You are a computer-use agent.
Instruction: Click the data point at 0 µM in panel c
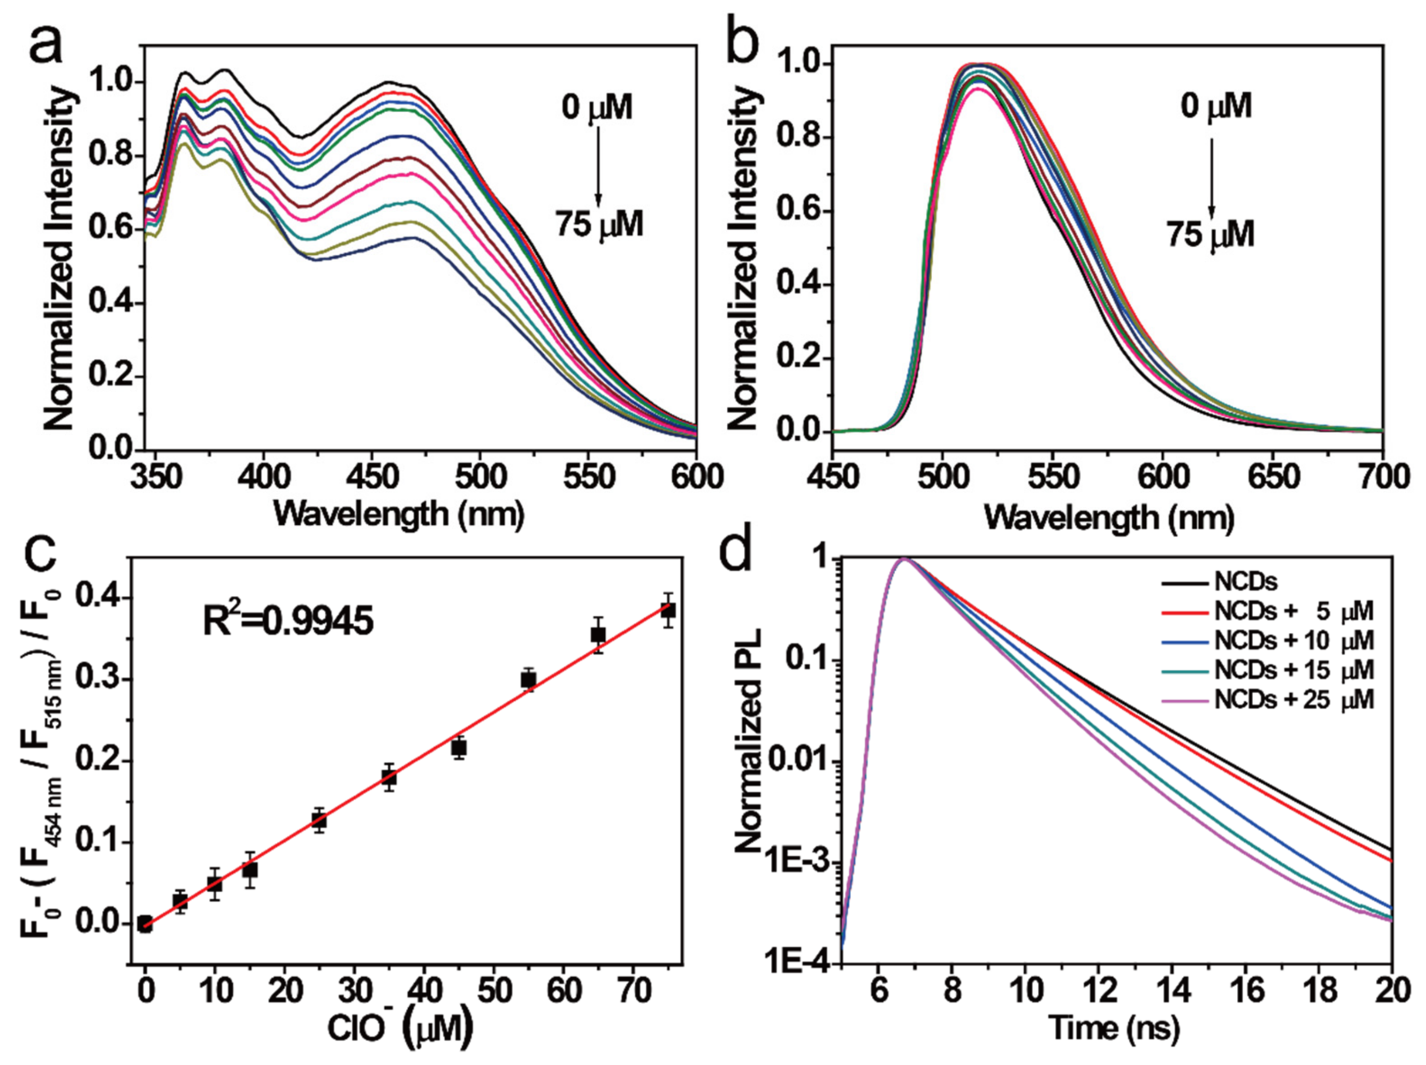(145, 924)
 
